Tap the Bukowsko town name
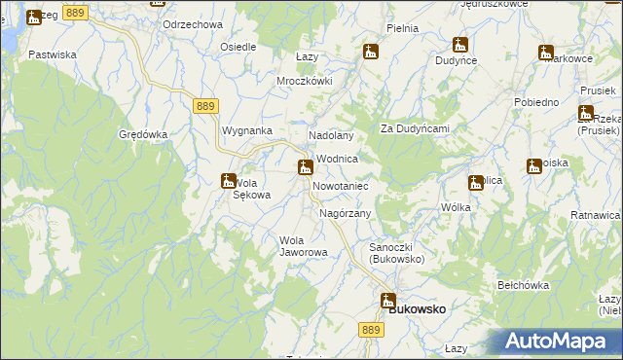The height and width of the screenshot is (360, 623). coord(418,308)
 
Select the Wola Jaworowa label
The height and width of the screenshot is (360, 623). coord(303,246)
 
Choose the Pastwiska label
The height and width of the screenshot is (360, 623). coord(53,55)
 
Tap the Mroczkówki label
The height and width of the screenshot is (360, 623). coord(305,81)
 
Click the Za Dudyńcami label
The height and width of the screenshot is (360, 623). coord(414,128)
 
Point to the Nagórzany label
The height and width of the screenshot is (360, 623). coord(346,213)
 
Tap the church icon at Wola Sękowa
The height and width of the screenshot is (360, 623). coord(228,180)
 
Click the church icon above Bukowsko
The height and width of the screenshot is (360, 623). coord(387,301)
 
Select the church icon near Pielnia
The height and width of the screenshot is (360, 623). coord(370,52)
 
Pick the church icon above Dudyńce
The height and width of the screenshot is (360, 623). coord(459,45)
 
